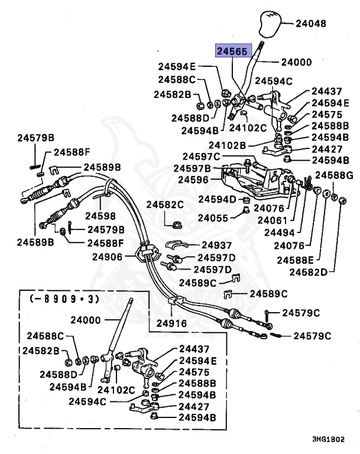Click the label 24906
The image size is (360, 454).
tap(107, 257)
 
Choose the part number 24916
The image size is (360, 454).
tap(171, 323)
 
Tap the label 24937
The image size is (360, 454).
tap(216, 245)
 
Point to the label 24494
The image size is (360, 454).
tap(279, 232)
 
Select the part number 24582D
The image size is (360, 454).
tap(308, 272)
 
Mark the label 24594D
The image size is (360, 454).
tap(217, 199)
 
